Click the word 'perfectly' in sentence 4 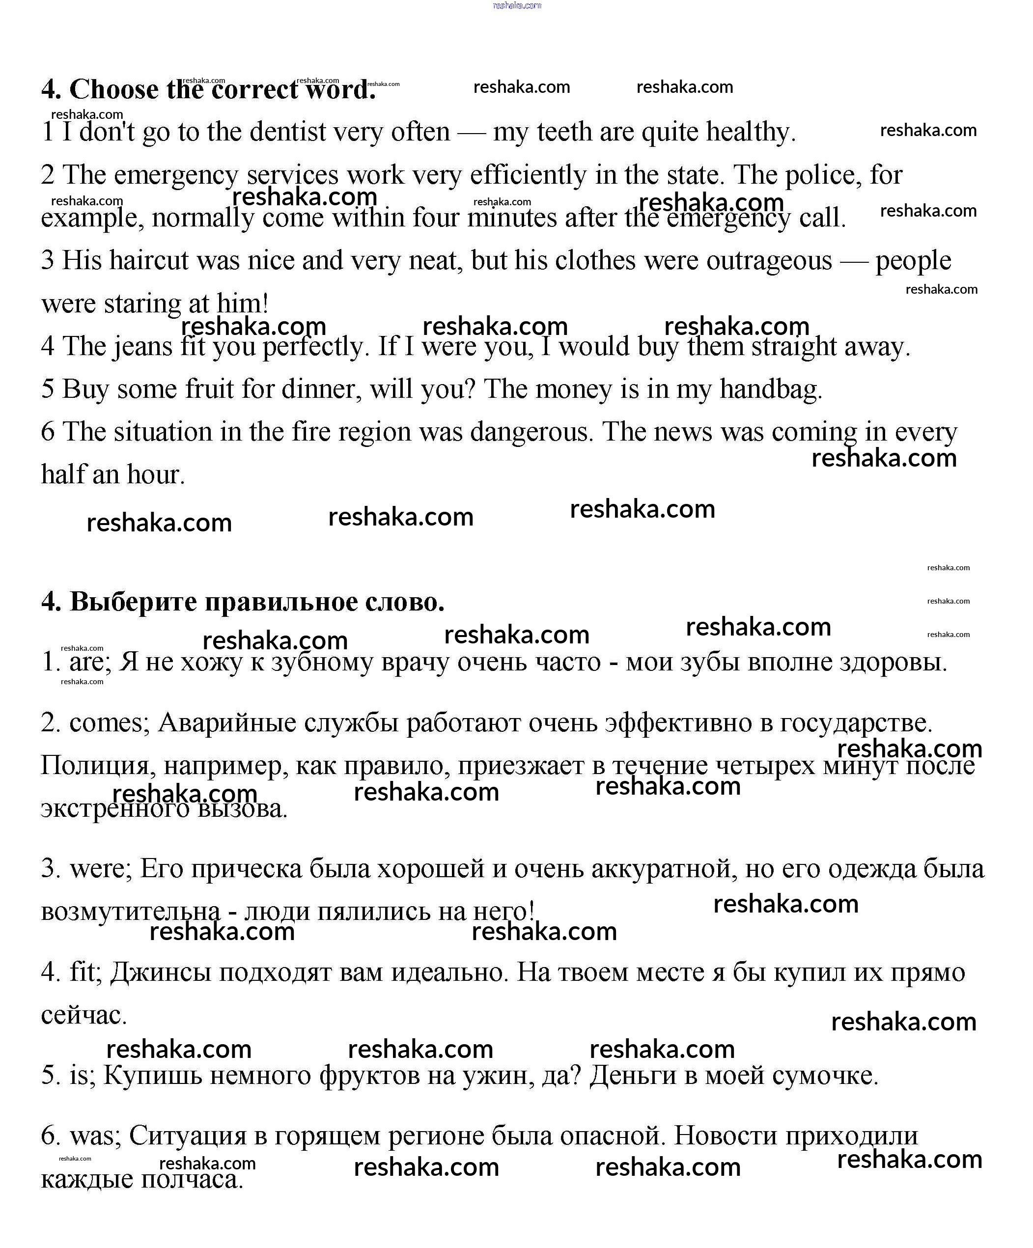tap(313, 346)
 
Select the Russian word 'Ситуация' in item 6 tap(187, 1136)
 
